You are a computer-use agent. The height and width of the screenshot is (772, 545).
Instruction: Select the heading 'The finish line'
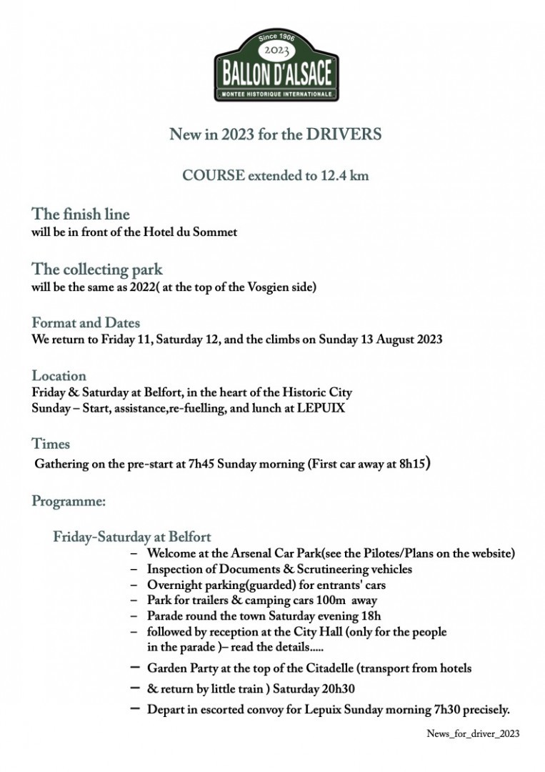81,214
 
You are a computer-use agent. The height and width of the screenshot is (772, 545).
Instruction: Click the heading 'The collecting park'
97,269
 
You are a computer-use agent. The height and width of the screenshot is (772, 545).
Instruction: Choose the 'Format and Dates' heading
86,323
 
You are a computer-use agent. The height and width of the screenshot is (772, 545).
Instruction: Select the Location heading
59,376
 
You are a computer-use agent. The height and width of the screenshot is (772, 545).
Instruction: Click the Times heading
51,445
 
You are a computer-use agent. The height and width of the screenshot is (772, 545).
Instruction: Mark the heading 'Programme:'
69,502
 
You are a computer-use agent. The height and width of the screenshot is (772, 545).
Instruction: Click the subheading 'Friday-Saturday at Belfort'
132,537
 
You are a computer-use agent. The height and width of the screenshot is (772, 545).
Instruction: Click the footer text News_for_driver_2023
473,734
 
